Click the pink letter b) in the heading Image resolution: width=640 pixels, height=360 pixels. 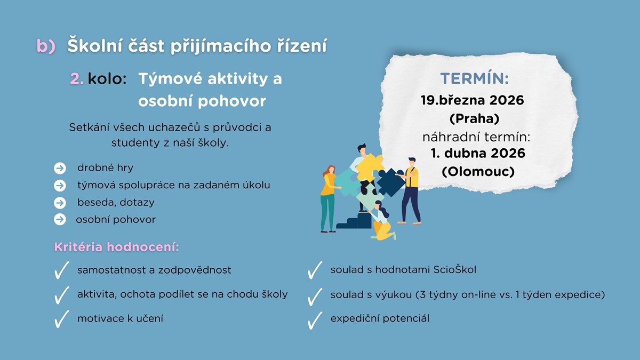(x=46, y=46)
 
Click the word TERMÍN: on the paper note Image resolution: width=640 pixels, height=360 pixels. (x=475, y=78)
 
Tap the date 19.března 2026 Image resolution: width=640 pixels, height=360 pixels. (x=473, y=100)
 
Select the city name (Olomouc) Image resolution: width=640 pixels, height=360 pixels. (x=478, y=171)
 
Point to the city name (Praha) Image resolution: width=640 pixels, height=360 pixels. (x=475, y=118)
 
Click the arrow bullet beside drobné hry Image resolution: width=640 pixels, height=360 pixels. (x=60, y=168)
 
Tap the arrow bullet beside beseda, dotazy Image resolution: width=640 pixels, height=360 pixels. (x=60, y=203)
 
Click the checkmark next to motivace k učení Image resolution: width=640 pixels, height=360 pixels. (x=61, y=319)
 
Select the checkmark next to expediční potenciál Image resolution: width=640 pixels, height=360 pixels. (x=315, y=321)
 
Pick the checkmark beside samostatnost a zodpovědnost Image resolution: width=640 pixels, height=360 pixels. (x=61, y=270)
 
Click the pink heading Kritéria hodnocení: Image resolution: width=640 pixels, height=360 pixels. (x=117, y=247)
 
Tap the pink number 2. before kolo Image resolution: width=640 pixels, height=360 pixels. (x=77, y=78)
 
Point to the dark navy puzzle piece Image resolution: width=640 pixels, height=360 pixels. (x=390, y=182)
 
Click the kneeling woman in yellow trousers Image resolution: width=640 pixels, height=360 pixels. (x=382, y=221)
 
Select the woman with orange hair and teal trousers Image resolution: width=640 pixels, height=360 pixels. (x=329, y=199)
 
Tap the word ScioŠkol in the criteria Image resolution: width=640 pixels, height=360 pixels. (x=455, y=269)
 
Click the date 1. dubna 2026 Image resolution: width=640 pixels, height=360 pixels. (x=478, y=153)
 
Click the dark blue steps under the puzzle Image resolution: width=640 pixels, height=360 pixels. (x=354, y=221)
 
